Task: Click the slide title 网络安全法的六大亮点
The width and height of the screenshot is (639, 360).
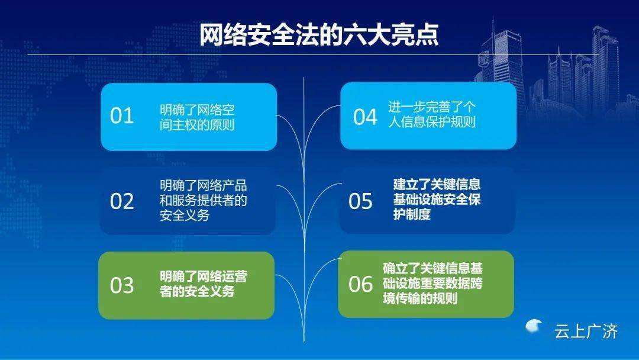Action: point(319,35)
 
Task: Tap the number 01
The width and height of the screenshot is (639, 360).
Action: point(122,116)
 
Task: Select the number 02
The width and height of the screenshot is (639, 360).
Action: point(122,201)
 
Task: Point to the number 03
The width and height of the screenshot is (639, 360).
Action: point(122,285)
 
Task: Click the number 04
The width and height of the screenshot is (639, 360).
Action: point(365,117)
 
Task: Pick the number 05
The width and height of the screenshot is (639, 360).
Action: point(360,201)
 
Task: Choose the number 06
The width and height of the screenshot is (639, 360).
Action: point(360,284)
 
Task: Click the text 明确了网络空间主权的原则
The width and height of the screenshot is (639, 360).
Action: point(197,117)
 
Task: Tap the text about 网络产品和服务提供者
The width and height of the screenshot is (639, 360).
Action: point(204,201)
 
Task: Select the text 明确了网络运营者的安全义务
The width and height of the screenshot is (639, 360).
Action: point(204,284)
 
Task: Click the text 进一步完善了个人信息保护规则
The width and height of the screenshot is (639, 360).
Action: point(432,114)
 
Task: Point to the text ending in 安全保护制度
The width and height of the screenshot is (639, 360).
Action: point(437,199)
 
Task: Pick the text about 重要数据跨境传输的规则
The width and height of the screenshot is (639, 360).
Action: point(433,284)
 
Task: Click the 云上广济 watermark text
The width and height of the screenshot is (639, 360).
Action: point(586,332)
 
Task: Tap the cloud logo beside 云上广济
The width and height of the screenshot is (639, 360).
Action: point(534,326)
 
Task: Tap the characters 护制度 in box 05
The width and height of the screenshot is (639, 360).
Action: point(412,214)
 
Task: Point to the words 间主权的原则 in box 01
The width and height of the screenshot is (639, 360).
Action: point(197,125)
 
